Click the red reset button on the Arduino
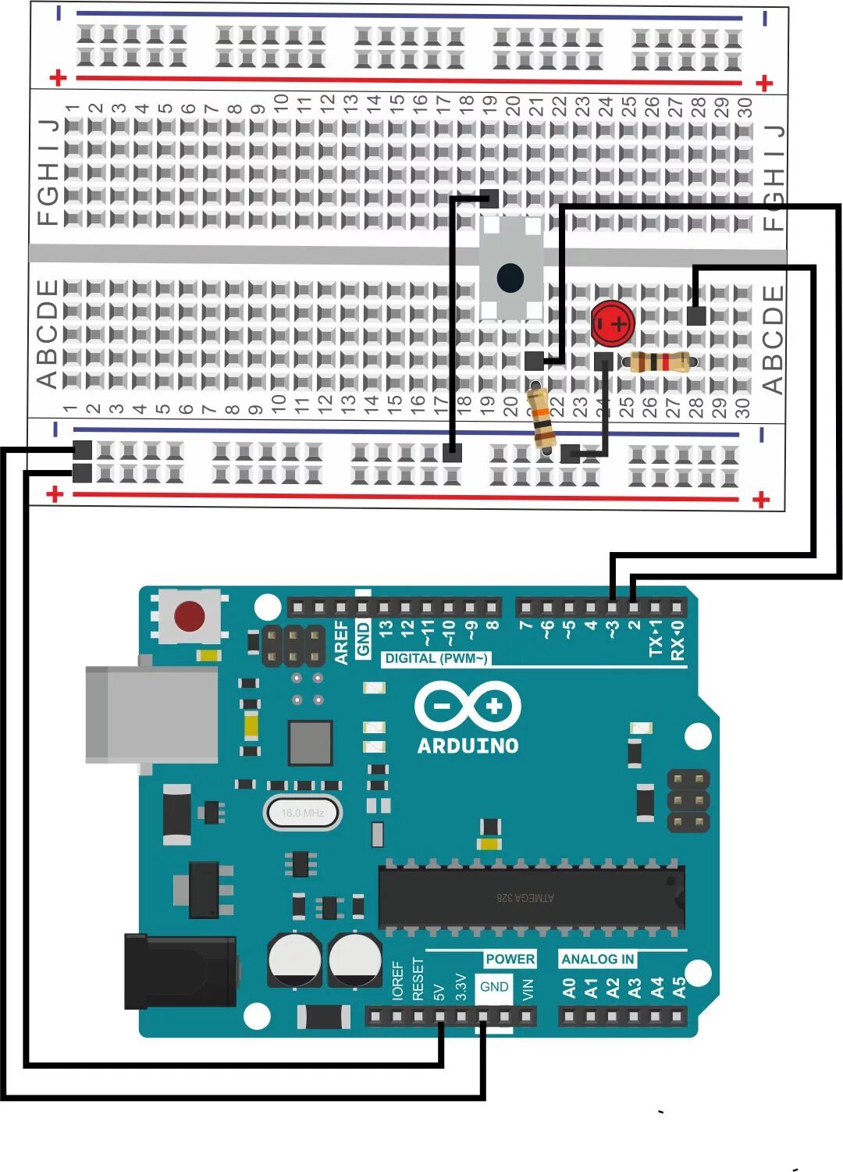tap(190, 616)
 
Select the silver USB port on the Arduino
tap(152, 714)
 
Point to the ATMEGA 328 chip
tap(531, 898)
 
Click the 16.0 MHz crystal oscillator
tap(302, 813)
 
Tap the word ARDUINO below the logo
tap(468, 746)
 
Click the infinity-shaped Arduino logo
tap(467, 707)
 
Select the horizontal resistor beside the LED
tap(660, 362)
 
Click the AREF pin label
tap(342, 643)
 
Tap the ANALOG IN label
tap(597, 959)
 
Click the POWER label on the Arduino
tap(510, 959)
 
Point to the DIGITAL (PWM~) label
tap(436, 658)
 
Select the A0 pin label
tap(569, 988)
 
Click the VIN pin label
tap(528, 989)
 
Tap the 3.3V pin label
tap(461, 988)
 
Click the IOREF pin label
tap(398, 981)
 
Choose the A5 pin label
tap(679, 988)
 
